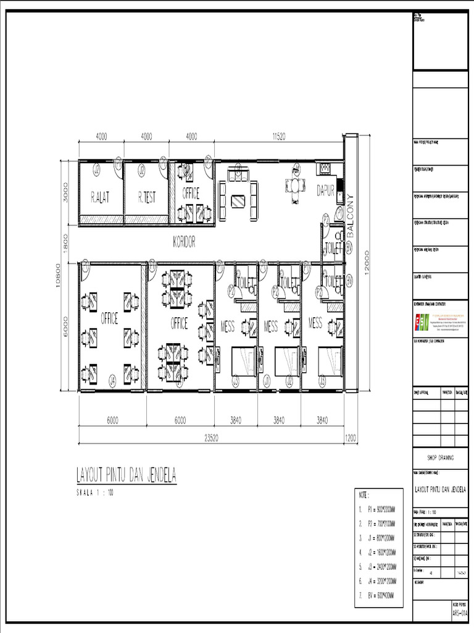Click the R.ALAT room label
[101, 197]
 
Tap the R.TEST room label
[146, 197]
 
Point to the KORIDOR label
[183, 243]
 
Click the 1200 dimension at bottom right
[351, 438]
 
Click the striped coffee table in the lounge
[238, 200]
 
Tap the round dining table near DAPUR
[297, 186]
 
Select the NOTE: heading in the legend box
[364, 495]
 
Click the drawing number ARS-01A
[460, 613]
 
